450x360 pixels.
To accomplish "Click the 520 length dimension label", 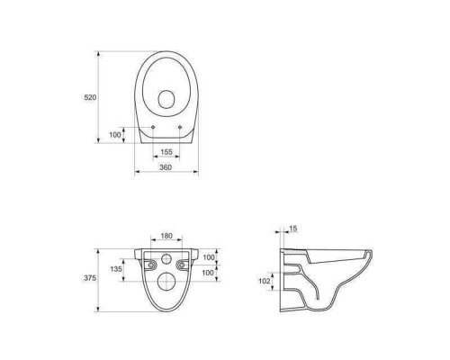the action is coord(90,97).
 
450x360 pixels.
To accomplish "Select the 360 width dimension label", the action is coord(166,167).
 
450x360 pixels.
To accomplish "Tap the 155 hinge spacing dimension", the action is coord(166,152).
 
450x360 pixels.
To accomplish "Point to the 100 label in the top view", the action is coord(115,135).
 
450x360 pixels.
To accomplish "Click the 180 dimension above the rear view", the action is coord(166,236).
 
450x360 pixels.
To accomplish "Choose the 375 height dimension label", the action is coord(90,278).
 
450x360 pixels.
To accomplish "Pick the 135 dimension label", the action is coord(116,269).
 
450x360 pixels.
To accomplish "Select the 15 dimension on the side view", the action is coord(293,229).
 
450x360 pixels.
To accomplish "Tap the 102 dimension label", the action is coord(265,281).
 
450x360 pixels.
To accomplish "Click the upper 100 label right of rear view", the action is coord(209,257).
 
